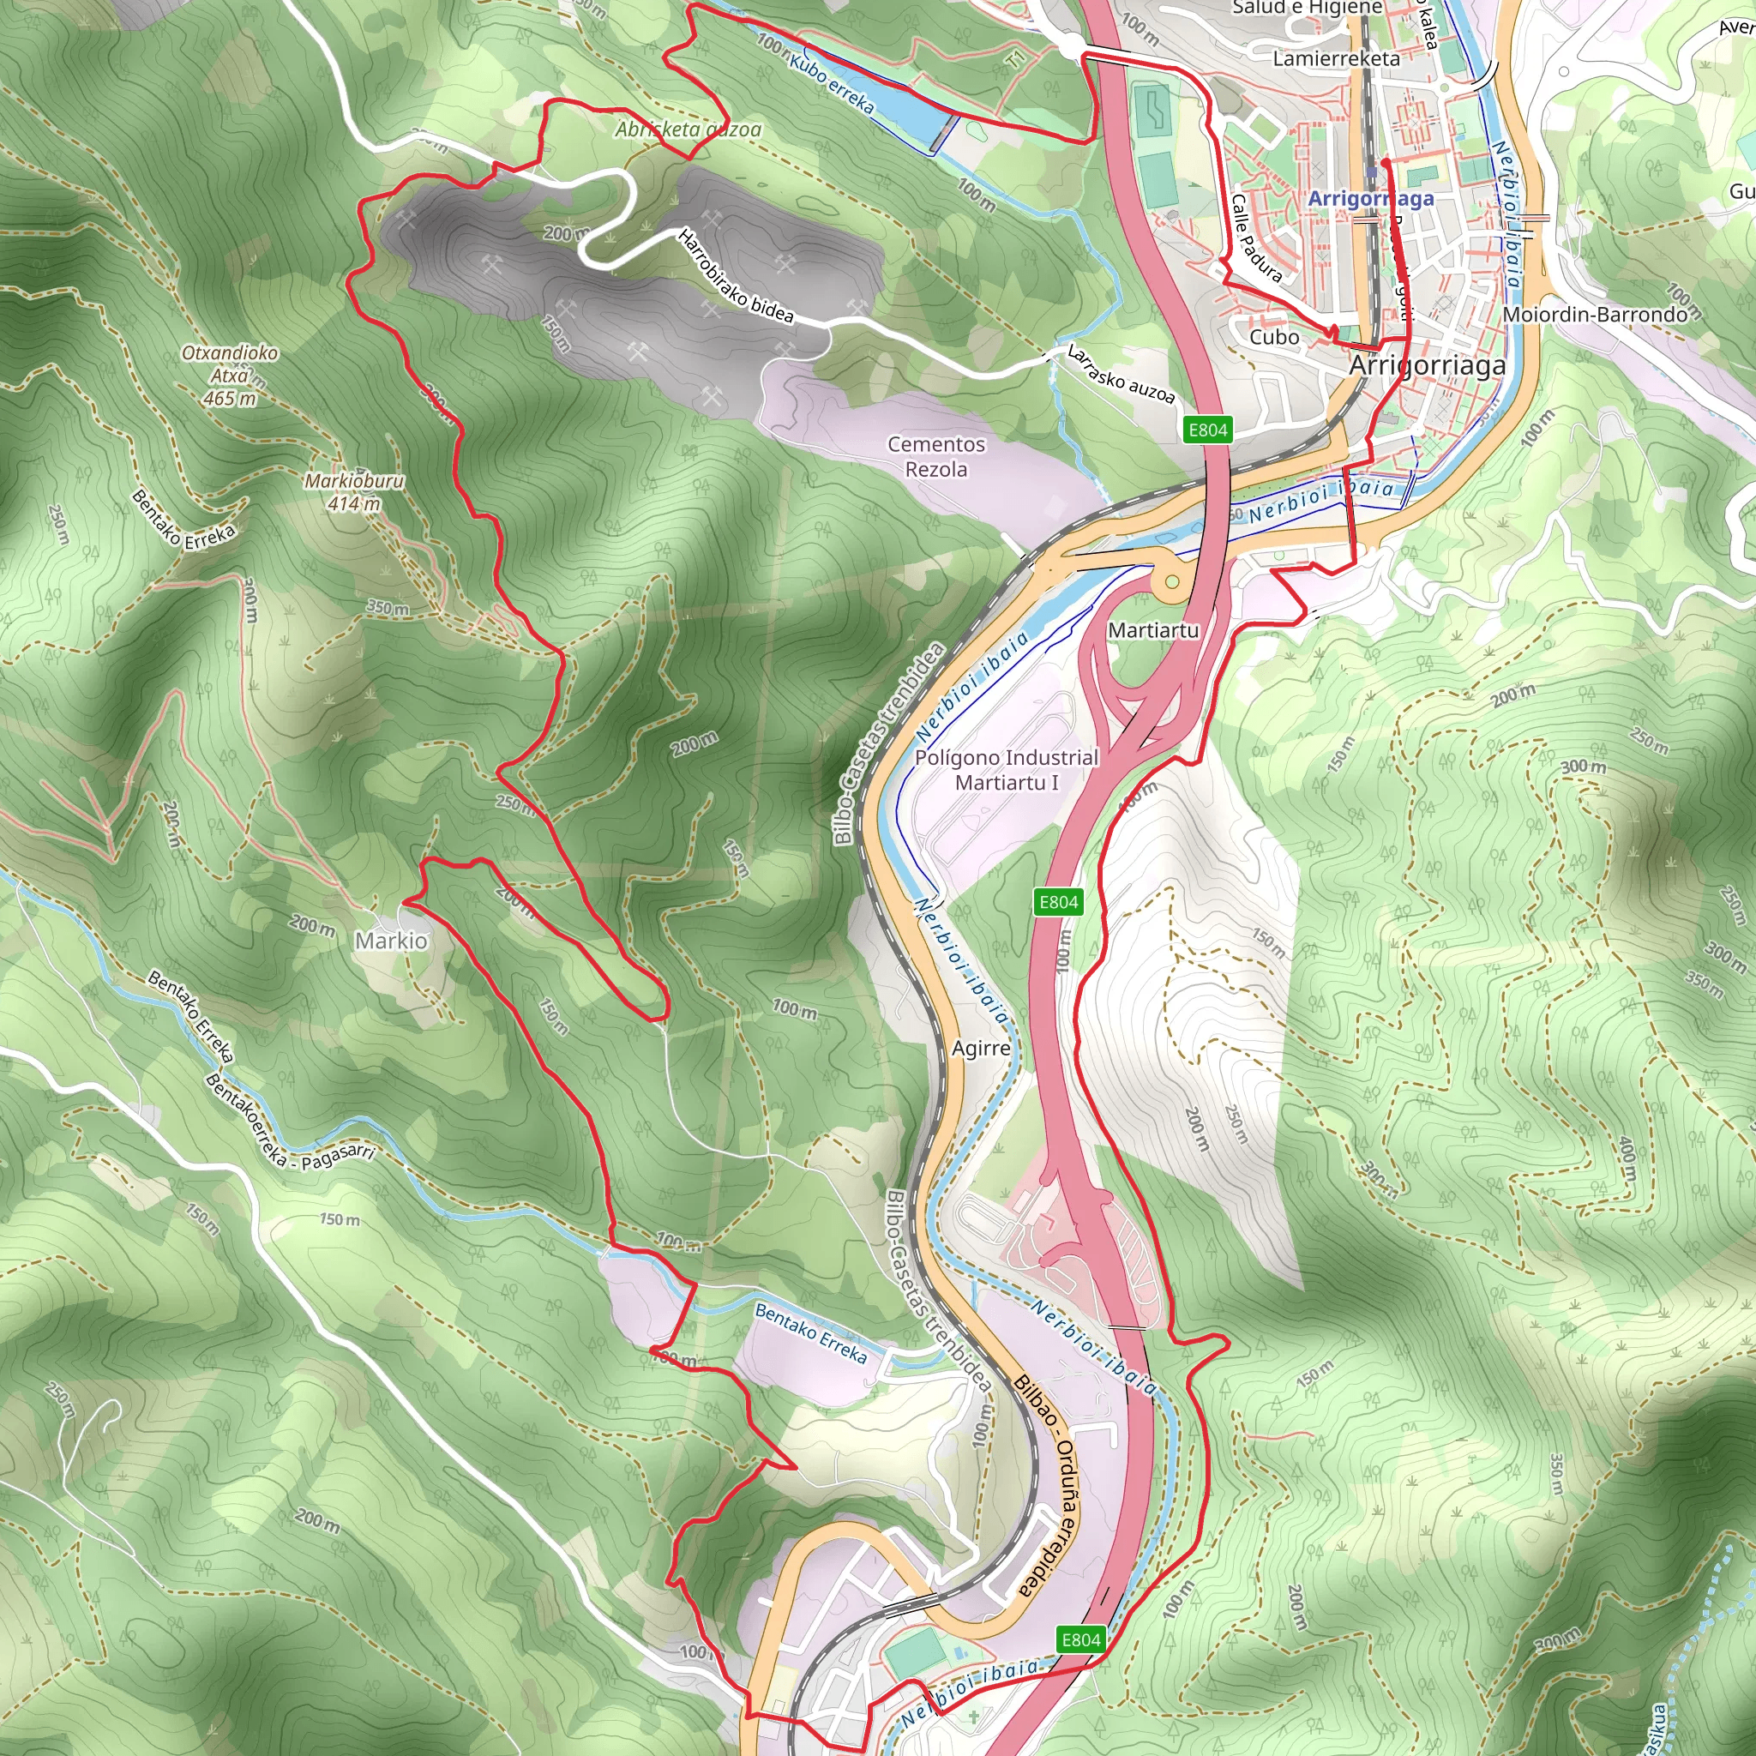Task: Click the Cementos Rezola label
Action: pos(936,456)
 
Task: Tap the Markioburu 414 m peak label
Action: pos(354,491)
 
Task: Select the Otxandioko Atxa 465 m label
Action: pos(230,375)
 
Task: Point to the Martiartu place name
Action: pos(1153,630)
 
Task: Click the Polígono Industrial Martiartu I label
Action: pos(1006,769)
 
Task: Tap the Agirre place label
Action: pos(981,1048)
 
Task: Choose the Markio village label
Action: pos(391,941)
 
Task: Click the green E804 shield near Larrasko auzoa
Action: pos(1208,430)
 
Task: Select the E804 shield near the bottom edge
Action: pos(1080,1639)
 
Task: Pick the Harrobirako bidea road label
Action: pos(737,276)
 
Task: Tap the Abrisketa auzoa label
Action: pos(688,129)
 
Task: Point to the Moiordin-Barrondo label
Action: pos(1594,315)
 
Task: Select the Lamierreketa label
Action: pos(1336,59)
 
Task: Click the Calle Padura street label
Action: pos(1256,238)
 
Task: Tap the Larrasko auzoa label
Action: pos(1121,374)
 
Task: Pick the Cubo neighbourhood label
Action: pos(1274,337)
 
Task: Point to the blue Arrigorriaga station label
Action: pos(1371,198)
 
